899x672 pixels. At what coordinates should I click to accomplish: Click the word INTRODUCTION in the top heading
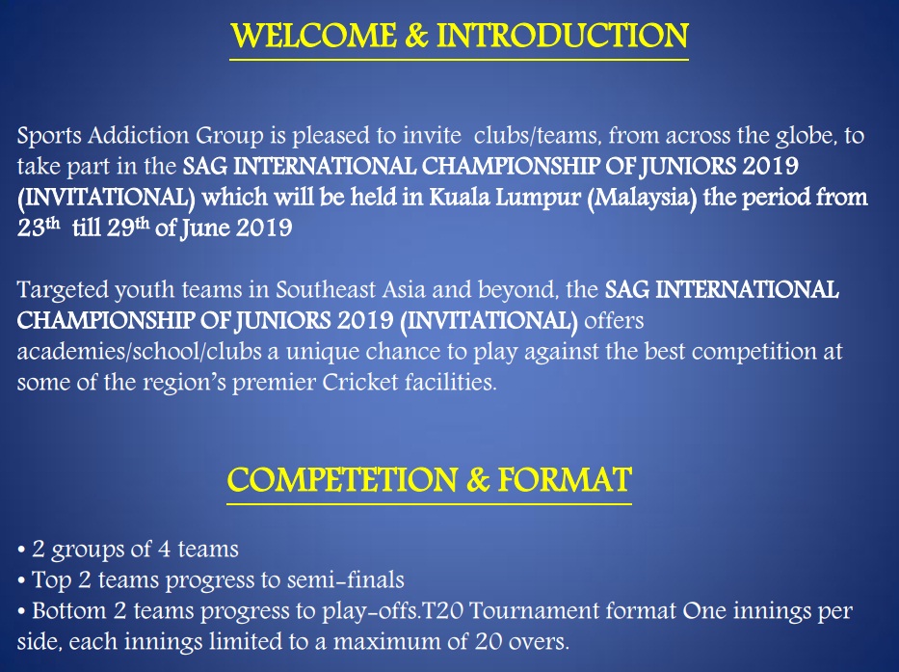point(563,38)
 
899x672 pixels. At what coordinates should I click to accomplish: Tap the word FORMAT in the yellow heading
point(574,479)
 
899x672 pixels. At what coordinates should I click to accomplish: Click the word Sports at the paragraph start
point(46,136)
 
